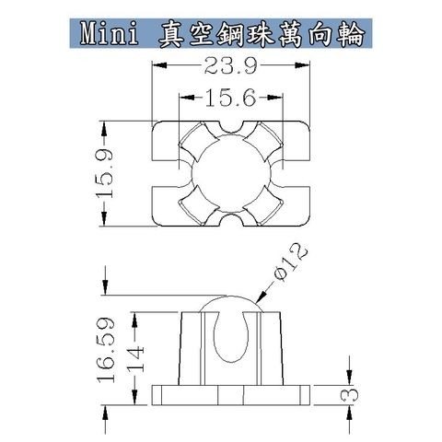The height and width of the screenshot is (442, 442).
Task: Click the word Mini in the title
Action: [110, 35]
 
